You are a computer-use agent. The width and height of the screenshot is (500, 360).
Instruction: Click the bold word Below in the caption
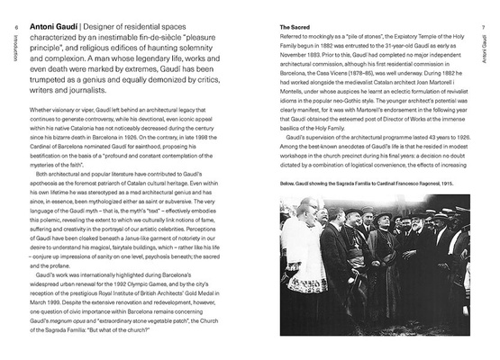(289, 180)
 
